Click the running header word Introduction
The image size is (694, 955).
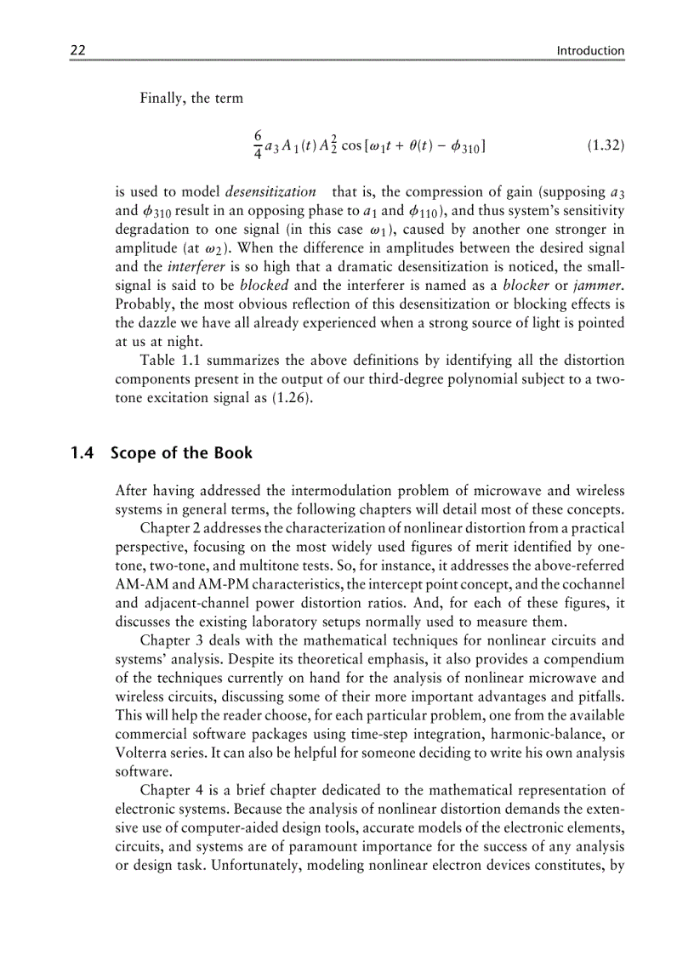[x=589, y=50]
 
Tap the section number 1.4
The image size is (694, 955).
[x=82, y=452]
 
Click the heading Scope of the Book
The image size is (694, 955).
[x=181, y=452]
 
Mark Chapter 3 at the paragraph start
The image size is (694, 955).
[x=171, y=640]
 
